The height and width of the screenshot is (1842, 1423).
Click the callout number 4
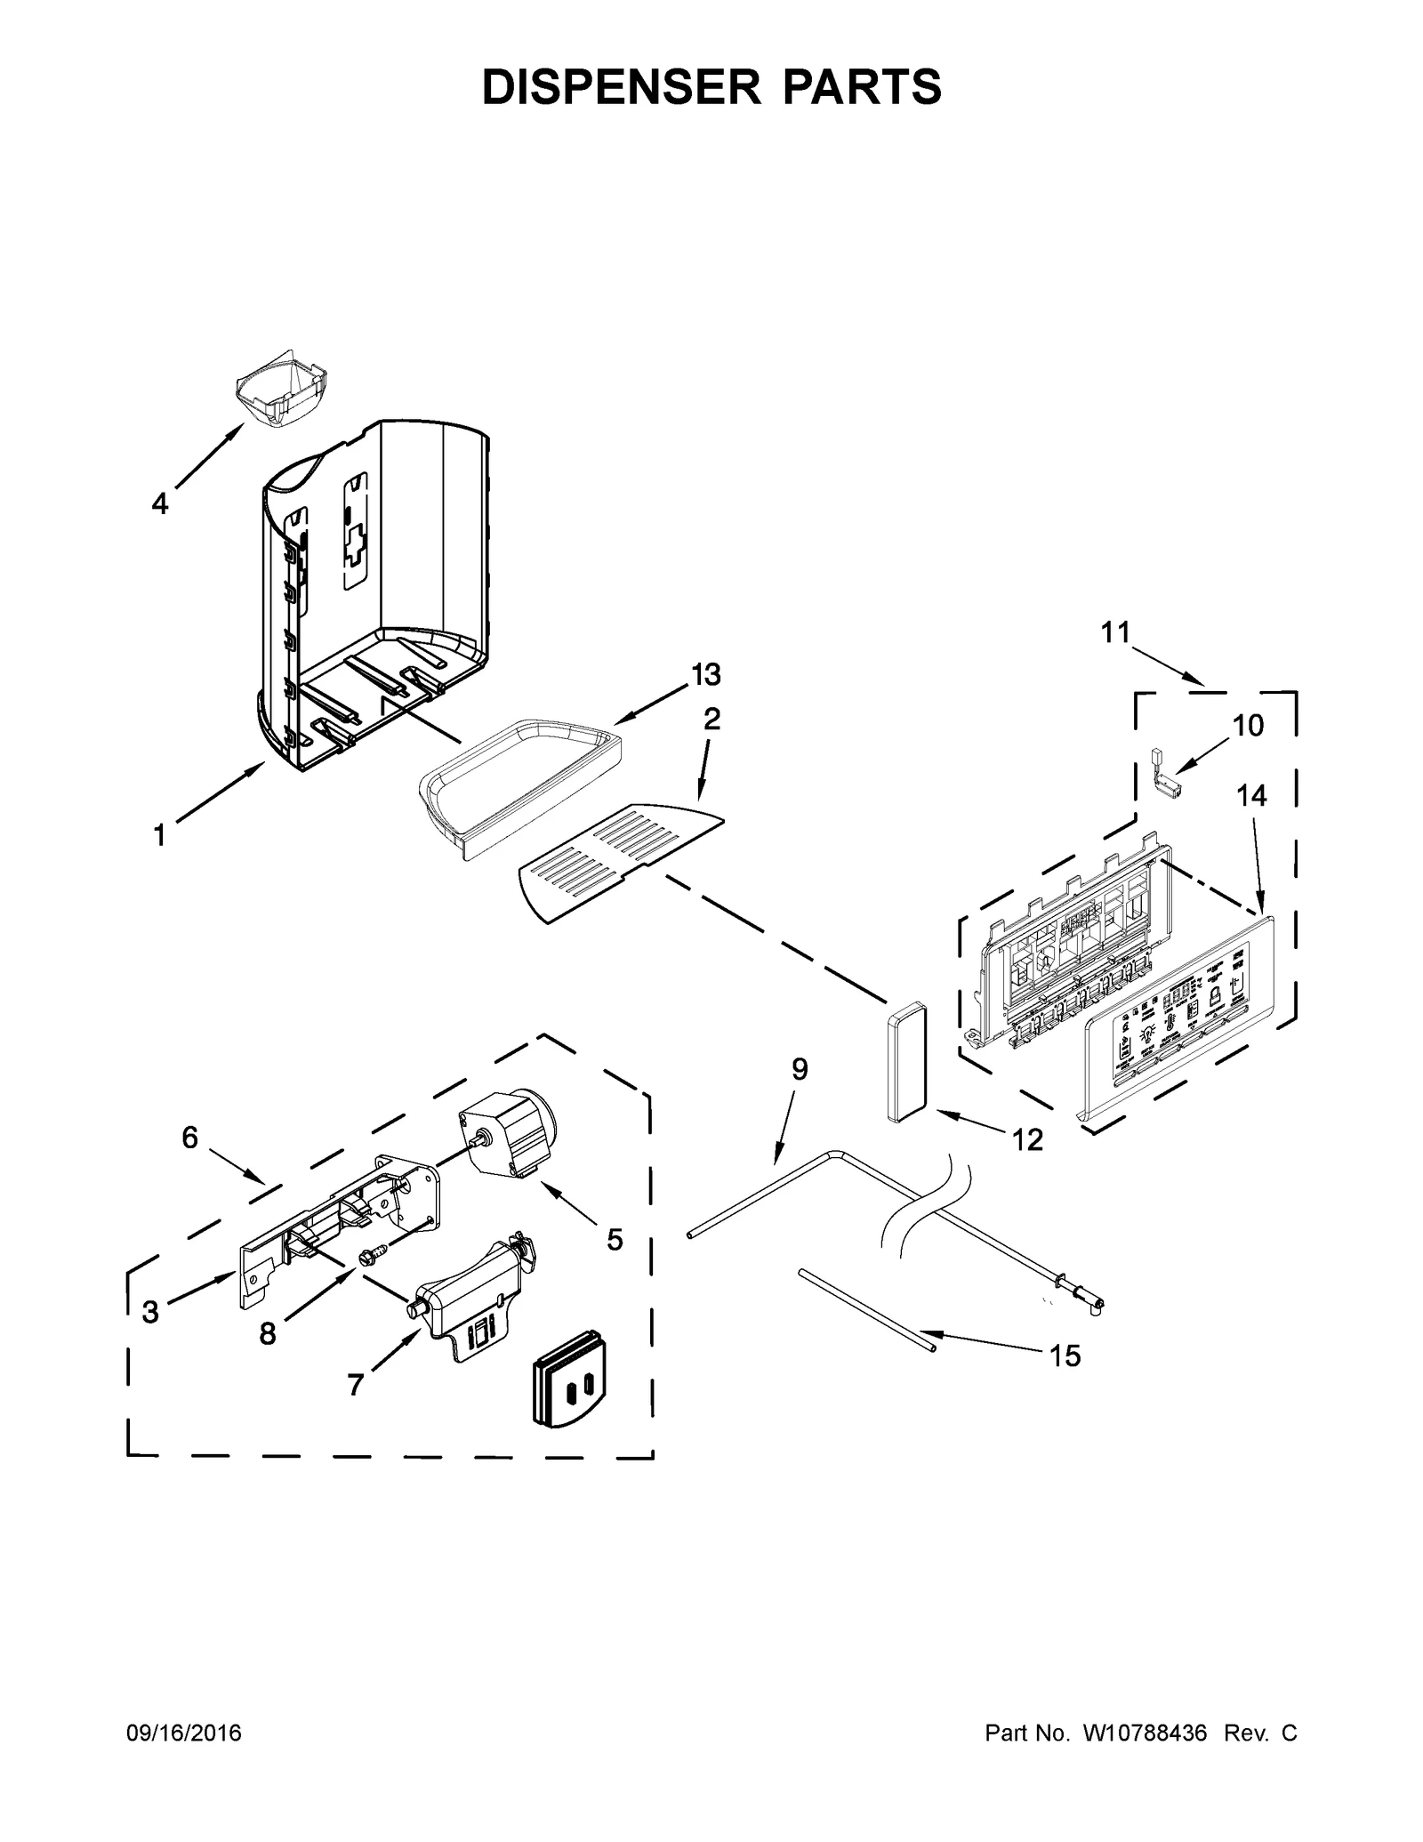159,504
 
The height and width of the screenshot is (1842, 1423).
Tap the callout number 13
706,675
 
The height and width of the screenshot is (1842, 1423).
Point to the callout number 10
1248,726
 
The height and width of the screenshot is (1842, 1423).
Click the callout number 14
1251,795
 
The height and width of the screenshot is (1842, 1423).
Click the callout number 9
800,1069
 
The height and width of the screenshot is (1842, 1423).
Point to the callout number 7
355,1385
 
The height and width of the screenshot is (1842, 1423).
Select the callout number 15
1064,1355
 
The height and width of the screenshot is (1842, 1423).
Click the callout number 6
189,1138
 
